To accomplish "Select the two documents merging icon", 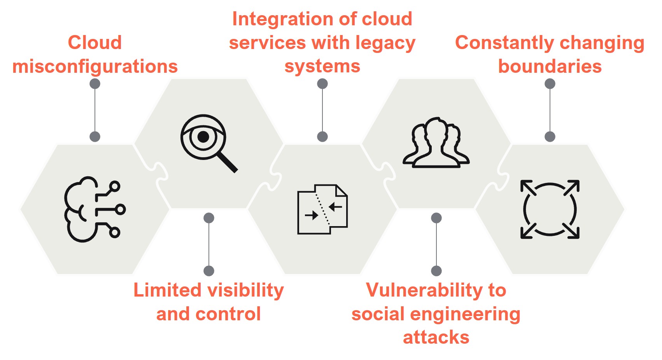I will point(322,209).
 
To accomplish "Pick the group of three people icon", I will point(436,143).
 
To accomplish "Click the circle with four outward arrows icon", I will point(550,209).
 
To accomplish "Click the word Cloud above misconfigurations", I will point(95,42).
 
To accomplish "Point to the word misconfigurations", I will point(95,67).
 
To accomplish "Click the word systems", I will point(322,67).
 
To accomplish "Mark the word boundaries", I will point(550,67).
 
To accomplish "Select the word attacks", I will point(436,337).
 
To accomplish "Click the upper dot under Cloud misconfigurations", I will point(95,84).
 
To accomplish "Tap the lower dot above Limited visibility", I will point(209,271).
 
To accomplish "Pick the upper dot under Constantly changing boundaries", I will point(550,84).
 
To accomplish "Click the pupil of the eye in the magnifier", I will point(203,137).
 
